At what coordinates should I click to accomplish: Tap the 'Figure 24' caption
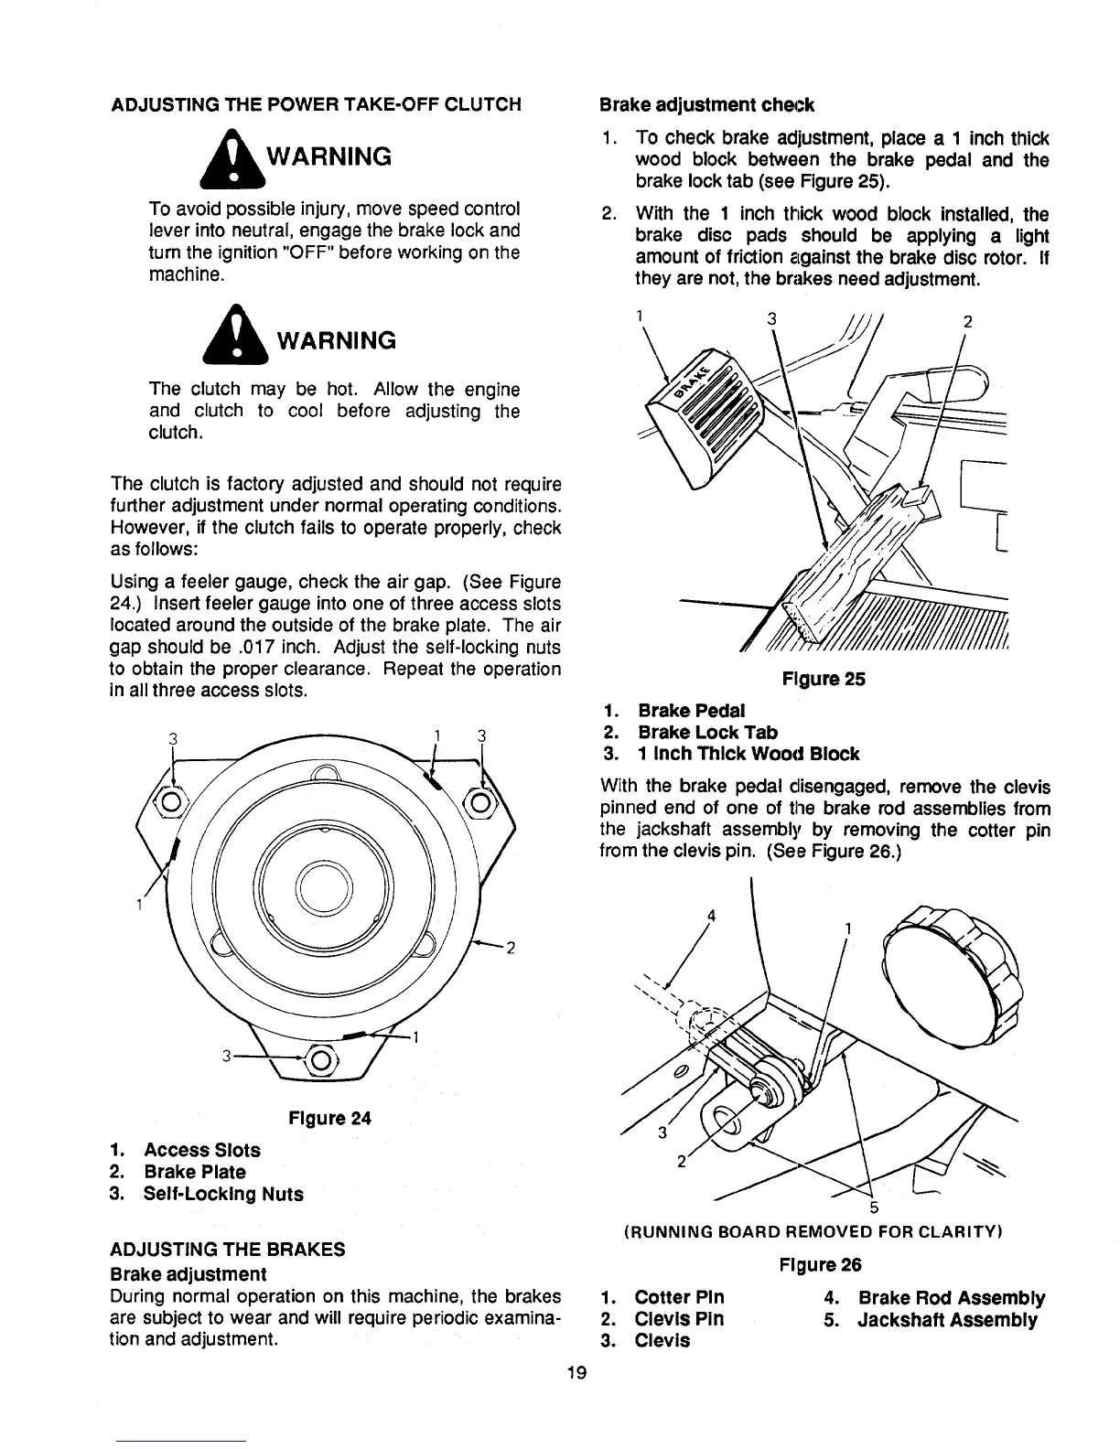pos(329,1118)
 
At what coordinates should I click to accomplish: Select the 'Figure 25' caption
pos(823,679)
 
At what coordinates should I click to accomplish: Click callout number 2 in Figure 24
pos(511,948)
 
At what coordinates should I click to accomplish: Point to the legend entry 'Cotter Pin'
pos(678,1297)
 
